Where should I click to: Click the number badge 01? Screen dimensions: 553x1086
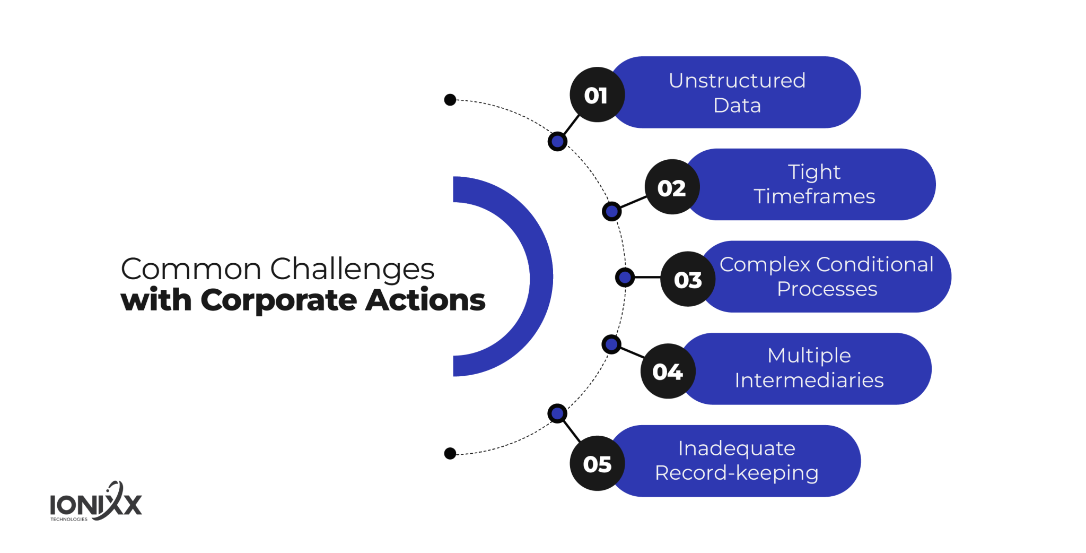tap(597, 95)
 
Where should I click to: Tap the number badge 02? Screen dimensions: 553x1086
tap(671, 187)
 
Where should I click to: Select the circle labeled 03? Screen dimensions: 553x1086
tap(687, 279)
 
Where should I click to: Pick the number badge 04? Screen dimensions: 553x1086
tap(667, 371)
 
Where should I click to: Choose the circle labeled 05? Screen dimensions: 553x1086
tap(597, 463)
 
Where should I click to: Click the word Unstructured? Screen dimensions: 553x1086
tap(737, 81)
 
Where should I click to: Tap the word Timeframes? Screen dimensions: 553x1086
tap(814, 196)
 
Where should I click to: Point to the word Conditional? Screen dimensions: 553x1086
tap(874, 264)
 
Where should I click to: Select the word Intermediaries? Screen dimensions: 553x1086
tap(809, 380)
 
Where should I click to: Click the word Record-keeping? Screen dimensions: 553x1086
tap(737, 472)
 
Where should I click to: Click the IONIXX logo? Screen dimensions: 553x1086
tap(96, 503)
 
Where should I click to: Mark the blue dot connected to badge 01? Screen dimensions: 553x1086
tap(557, 141)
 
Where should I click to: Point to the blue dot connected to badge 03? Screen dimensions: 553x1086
tap(625, 277)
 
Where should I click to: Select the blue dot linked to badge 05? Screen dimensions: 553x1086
tap(557, 413)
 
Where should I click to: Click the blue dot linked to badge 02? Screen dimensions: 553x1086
tap(611, 211)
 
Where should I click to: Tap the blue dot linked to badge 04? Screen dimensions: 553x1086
tap(611, 344)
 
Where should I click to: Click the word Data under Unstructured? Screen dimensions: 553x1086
tap(737, 105)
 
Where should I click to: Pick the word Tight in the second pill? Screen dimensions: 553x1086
tap(814, 172)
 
